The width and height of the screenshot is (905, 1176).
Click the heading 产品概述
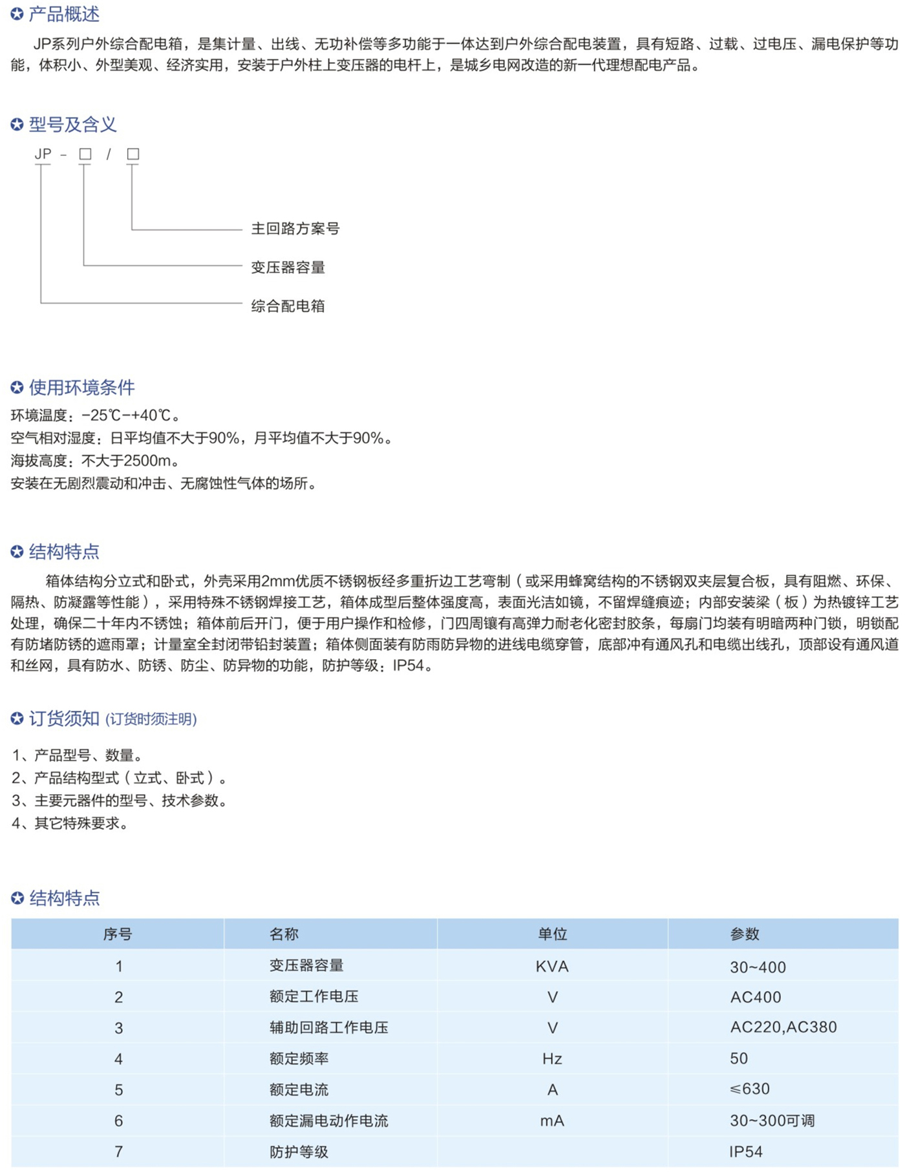point(64,14)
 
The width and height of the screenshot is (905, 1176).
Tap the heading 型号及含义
point(72,125)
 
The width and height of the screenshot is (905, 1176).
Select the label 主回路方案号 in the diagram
point(295,229)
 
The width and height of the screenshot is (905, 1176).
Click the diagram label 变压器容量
point(288,268)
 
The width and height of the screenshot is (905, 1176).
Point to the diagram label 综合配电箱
point(288,306)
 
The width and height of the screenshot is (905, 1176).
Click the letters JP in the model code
point(43,154)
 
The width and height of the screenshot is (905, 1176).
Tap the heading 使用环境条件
point(81,388)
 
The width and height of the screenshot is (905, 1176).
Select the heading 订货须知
point(64,719)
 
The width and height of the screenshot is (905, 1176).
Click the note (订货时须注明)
point(151,719)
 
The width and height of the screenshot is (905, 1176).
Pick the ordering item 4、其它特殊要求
point(70,823)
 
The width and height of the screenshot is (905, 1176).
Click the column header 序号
point(118,934)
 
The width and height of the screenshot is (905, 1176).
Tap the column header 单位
point(552,934)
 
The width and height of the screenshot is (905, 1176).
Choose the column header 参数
point(745,934)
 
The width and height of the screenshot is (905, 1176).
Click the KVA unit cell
point(552,967)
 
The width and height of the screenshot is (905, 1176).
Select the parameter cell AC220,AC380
point(783,1027)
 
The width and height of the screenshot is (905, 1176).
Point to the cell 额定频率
point(299,1058)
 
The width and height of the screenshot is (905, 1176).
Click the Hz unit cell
point(552,1058)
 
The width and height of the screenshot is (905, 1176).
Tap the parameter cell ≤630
point(750,1089)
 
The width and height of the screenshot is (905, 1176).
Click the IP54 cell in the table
point(746,1151)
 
